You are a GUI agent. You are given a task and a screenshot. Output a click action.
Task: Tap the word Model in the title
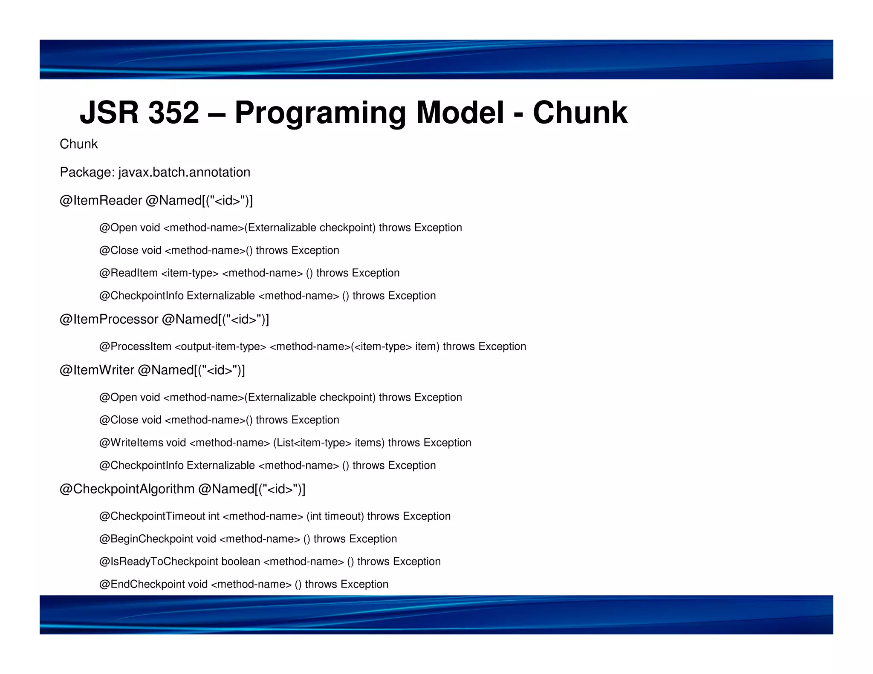[460, 113]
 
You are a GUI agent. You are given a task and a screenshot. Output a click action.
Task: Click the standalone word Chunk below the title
[78, 144]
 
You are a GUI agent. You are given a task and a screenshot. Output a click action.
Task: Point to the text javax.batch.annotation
[184, 172]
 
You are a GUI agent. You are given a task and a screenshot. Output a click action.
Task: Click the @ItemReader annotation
[101, 200]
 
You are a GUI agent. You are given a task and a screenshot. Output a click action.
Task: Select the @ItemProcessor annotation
[109, 319]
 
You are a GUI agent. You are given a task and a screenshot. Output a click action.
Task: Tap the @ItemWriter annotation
[97, 370]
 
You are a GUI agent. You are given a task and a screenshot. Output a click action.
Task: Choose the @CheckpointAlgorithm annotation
[127, 489]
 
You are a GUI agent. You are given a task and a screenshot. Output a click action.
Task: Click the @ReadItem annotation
[128, 273]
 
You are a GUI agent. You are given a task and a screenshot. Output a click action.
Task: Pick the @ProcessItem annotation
[135, 346]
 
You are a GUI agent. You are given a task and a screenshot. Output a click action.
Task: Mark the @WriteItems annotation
[131, 443]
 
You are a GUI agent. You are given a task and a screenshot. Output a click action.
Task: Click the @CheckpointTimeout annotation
[152, 516]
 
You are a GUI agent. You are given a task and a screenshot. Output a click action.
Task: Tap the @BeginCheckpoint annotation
[146, 539]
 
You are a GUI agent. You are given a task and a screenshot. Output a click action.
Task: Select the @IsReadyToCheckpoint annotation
[159, 562]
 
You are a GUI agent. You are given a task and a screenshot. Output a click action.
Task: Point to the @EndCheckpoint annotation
[142, 584]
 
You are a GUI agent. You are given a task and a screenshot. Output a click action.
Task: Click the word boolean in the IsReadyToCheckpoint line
[240, 562]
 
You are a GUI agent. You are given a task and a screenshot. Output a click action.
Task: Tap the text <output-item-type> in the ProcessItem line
[220, 346]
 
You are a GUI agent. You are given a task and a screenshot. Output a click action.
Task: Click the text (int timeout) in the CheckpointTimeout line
[335, 516]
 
